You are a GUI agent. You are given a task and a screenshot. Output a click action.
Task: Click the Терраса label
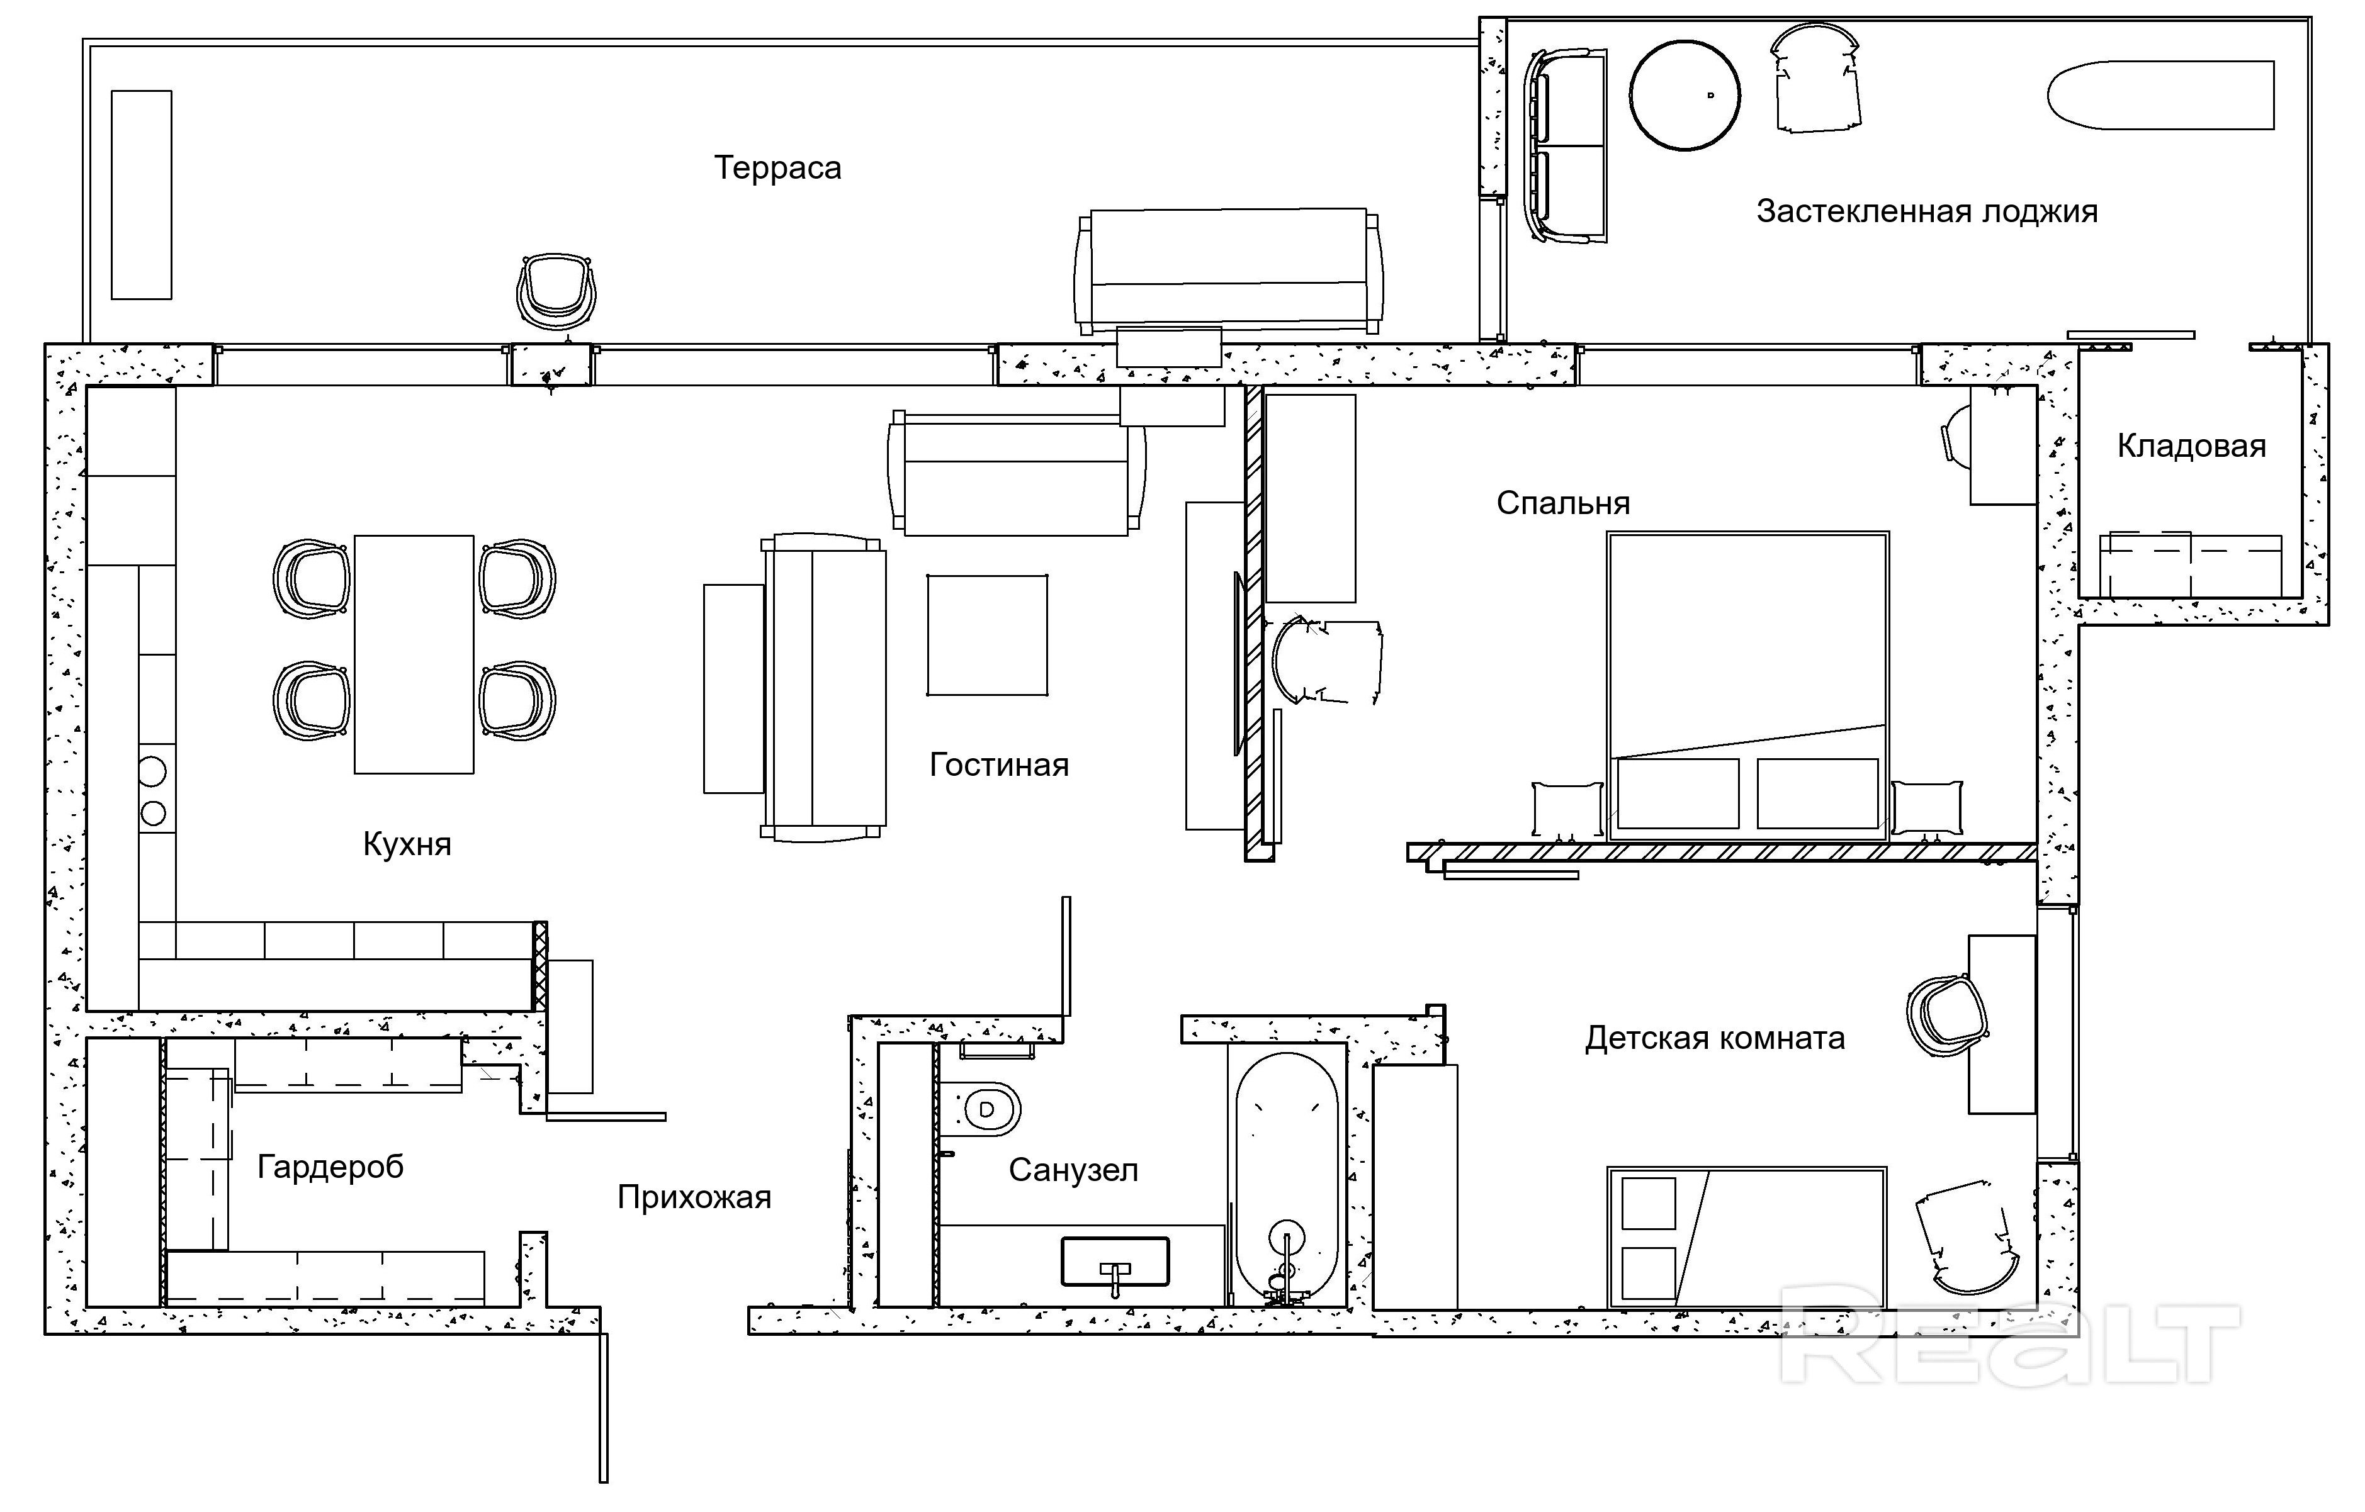click(x=777, y=168)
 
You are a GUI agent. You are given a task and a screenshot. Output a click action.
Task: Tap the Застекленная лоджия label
click(x=1926, y=211)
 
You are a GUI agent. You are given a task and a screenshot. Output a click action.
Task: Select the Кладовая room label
click(x=2191, y=447)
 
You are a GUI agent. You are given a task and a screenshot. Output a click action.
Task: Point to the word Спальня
click(x=1562, y=503)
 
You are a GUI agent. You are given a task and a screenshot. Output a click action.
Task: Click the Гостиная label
click(x=999, y=765)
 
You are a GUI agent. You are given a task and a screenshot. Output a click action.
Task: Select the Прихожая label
click(x=694, y=1197)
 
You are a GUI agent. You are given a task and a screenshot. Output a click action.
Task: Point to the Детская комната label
click(x=1715, y=1038)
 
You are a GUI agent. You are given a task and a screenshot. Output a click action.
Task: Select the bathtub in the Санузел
click(x=1287, y=1178)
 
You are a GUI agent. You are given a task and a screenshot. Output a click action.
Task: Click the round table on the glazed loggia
click(x=1685, y=95)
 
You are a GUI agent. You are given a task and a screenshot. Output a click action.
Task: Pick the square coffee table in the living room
click(x=987, y=636)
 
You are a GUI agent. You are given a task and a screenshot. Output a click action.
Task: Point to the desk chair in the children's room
click(x=1946, y=1016)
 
